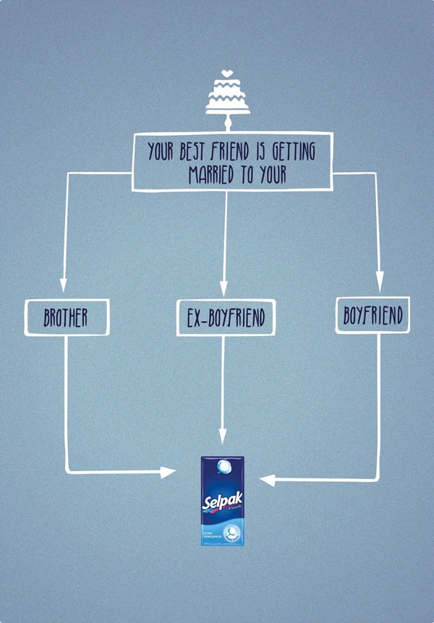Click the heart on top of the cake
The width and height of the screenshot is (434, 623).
point(227,72)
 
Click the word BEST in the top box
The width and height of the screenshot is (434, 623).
point(192,152)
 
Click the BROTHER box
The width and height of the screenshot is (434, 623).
point(66,317)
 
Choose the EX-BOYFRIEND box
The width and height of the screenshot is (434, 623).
point(226,318)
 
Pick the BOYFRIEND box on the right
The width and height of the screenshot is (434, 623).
point(373,315)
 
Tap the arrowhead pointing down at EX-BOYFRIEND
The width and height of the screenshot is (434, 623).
point(225,290)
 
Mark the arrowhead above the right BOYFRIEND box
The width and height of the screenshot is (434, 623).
point(378,283)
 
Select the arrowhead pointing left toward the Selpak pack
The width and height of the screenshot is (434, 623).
point(267,479)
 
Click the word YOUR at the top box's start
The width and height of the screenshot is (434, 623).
point(160,152)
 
